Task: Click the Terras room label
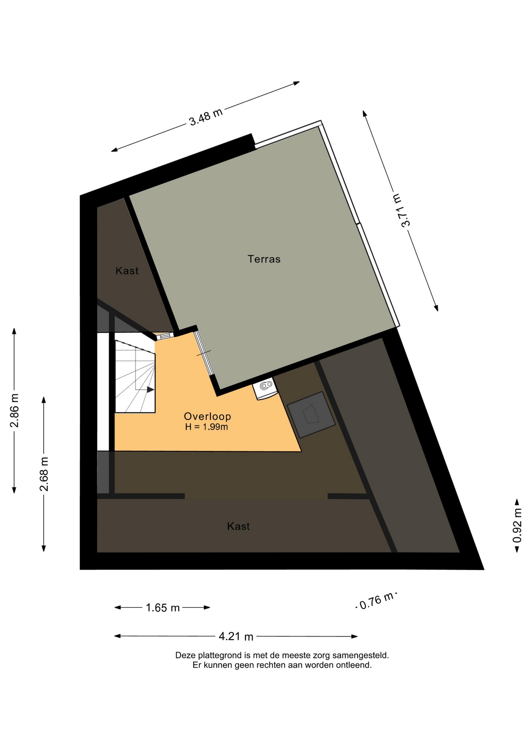point(264,259)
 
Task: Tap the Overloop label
point(207,417)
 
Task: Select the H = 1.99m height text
point(206,427)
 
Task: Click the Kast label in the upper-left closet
point(127,271)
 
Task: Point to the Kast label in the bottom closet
point(239,526)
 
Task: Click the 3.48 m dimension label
point(206,117)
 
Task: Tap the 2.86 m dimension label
point(14,411)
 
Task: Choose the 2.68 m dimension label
point(44,474)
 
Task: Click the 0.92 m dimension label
point(517,525)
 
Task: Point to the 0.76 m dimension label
point(376,600)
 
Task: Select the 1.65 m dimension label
point(163,607)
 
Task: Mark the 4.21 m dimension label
point(236,636)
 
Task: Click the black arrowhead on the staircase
point(151,389)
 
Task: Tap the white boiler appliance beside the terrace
point(265,388)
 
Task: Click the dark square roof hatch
point(311,415)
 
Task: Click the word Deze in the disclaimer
point(185,655)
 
